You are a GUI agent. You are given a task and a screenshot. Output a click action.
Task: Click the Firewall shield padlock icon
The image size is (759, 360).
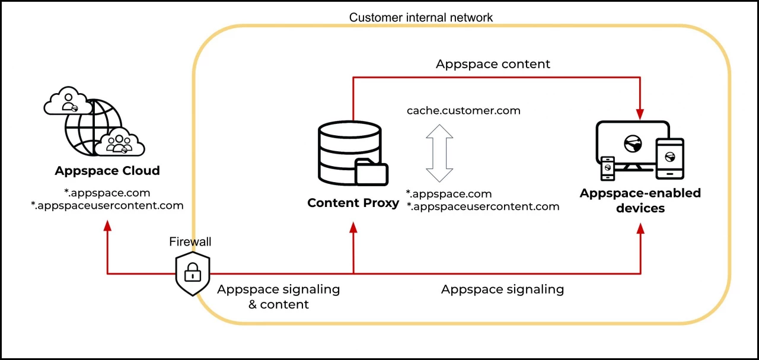click(x=192, y=273)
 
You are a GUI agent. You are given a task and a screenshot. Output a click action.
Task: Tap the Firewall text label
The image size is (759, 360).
click(x=190, y=241)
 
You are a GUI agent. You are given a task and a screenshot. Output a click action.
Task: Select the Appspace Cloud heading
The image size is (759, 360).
click(x=107, y=171)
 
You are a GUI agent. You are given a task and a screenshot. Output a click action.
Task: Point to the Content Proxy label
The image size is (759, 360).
click(x=353, y=203)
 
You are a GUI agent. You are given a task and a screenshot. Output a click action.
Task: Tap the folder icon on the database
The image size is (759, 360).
click(x=371, y=171)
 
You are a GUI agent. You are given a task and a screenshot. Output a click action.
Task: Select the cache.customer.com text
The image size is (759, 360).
click(x=464, y=111)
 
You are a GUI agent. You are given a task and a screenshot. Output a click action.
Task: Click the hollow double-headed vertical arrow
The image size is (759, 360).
click(x=439, y=153)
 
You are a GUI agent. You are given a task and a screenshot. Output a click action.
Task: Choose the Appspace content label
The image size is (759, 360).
click(x=493, y=64)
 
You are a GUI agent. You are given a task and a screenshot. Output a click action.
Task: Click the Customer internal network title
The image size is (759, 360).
click(x=420, y=17)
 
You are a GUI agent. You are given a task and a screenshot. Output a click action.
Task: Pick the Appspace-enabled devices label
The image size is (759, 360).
click(x=640, y=200)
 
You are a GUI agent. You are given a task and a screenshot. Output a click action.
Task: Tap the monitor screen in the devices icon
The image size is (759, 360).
click(x=632, y=142)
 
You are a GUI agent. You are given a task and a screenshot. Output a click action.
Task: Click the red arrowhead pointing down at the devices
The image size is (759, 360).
click(x=640, y=112)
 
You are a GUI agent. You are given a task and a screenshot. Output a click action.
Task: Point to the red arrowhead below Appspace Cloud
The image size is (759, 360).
click(x=107, y=227)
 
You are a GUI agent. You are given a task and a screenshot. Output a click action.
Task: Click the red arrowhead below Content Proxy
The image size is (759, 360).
click(x=353, y=227)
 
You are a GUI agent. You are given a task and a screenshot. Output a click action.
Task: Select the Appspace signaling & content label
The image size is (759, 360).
click(x=278, y=297)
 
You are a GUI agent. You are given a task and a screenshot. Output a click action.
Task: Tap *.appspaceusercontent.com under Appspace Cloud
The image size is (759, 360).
click(x=107, y=206)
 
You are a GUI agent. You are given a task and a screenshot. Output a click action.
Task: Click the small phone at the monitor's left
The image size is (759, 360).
click(x=608, y=168)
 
